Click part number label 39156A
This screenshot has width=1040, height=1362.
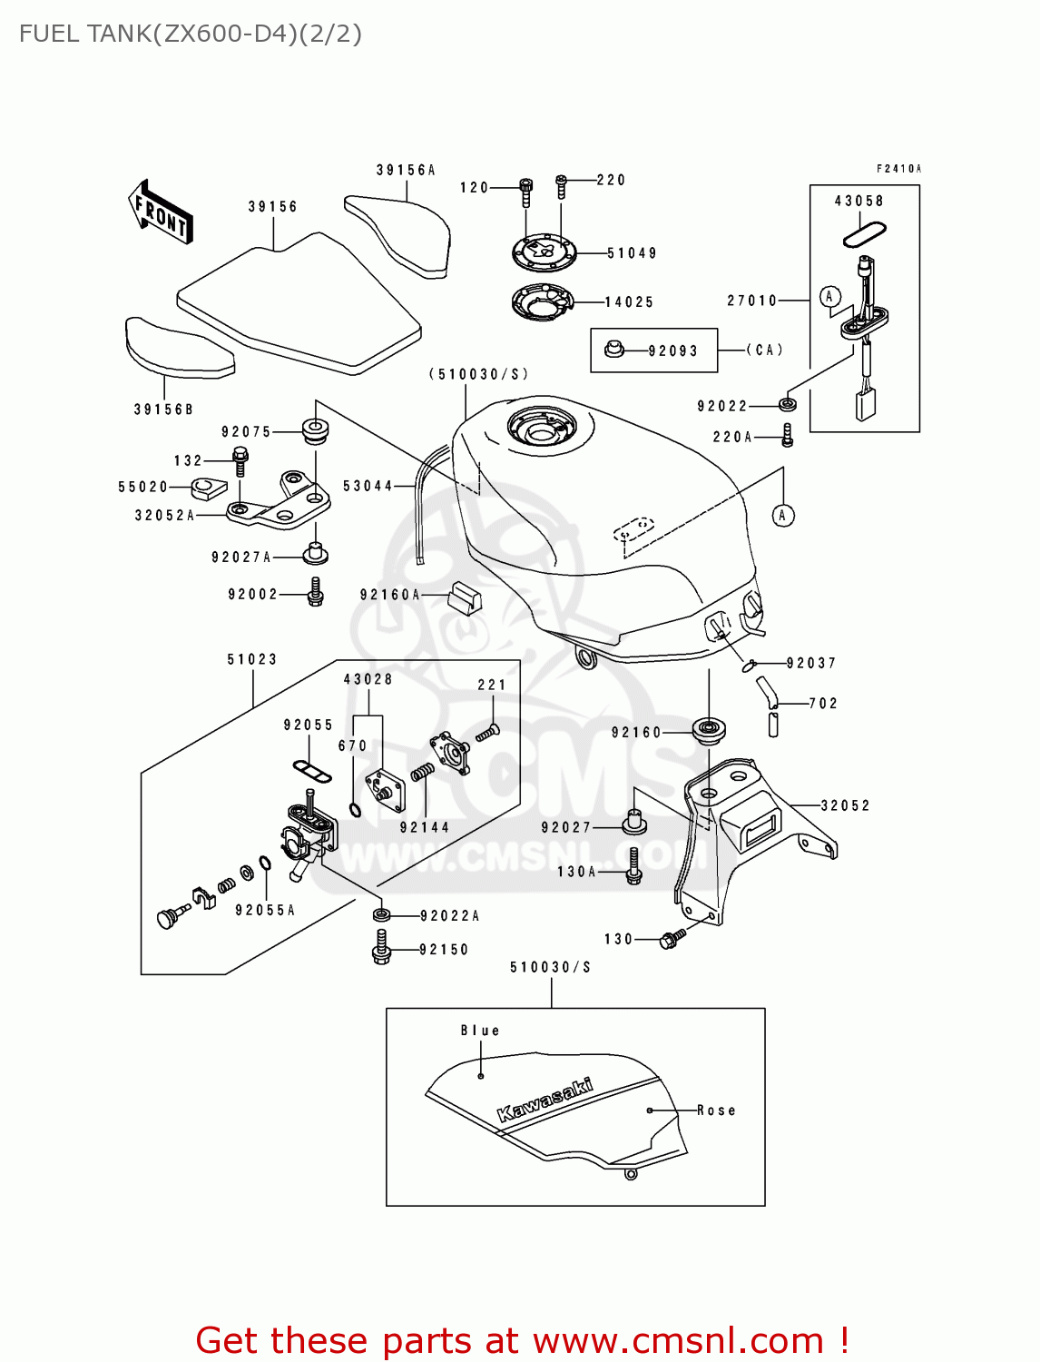tap(406, 170)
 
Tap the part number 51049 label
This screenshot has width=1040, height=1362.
tap(632, 253)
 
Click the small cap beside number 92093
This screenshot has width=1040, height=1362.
tap(614, 350)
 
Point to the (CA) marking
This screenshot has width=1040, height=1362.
tap(764, 350)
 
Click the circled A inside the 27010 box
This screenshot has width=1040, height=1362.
tap(829, 296)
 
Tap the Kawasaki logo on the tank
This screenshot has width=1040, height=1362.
tap(545, 1100)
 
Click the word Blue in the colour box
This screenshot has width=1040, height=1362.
tap(479, 1031)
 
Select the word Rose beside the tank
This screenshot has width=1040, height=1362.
tap(716, 1110)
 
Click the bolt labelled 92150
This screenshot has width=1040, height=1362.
tap(381, 949)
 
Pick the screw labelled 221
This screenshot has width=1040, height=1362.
tap(487, 732)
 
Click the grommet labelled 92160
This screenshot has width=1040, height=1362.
tap(708, 730)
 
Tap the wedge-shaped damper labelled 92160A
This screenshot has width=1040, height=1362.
tap(465, 596)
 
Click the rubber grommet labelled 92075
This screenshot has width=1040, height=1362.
tap(314, 431)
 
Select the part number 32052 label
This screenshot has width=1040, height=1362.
tap(845, 805)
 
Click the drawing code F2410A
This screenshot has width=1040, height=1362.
tap(898, 169)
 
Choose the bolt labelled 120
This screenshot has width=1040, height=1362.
tap(526, 189)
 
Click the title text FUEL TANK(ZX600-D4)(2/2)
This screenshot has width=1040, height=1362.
tap(191, 34)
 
